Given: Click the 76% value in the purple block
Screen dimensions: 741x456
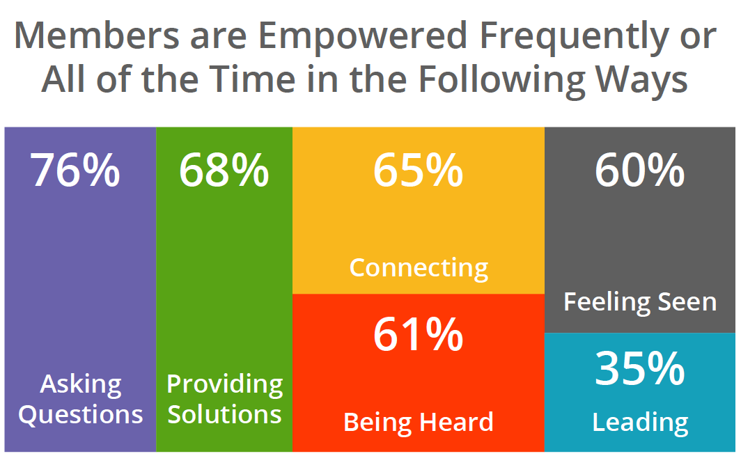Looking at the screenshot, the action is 75,170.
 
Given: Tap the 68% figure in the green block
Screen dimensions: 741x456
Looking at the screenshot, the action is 224,170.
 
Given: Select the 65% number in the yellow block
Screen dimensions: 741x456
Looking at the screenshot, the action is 419,170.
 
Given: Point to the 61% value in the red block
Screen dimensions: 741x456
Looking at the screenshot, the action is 419,335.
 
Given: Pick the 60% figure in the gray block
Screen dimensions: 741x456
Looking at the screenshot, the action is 640,170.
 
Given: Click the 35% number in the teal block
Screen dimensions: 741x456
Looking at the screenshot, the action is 640,368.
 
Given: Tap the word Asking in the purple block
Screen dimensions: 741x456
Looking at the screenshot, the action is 81,385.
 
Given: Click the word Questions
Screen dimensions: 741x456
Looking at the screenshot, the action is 80,415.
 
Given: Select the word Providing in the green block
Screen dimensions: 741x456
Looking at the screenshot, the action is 224,385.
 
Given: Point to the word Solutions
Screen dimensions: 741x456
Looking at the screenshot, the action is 224,414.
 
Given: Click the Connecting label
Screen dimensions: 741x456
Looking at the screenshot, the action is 419,269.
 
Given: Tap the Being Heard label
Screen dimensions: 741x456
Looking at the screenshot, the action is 419,422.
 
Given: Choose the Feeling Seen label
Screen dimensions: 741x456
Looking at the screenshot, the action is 640,301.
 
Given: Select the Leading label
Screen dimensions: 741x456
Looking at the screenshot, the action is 640,423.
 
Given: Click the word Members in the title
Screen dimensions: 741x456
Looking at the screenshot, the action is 97,36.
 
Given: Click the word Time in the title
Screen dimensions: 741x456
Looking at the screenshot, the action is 253,79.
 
